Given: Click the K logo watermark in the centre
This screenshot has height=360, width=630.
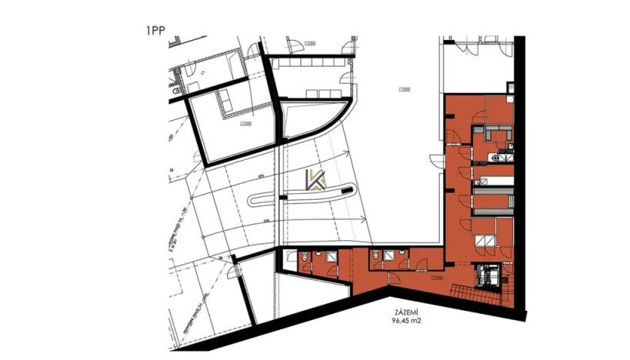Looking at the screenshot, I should [x=315, y=180].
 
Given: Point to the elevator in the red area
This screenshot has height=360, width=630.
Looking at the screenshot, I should [x=488, y=274].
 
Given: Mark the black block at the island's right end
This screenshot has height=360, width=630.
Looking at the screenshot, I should [x=351, y=187].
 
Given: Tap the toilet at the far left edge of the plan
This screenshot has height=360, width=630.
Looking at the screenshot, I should [x=177, y=92].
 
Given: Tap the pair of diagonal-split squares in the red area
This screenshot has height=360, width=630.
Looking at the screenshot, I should [x=485, y=239].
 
